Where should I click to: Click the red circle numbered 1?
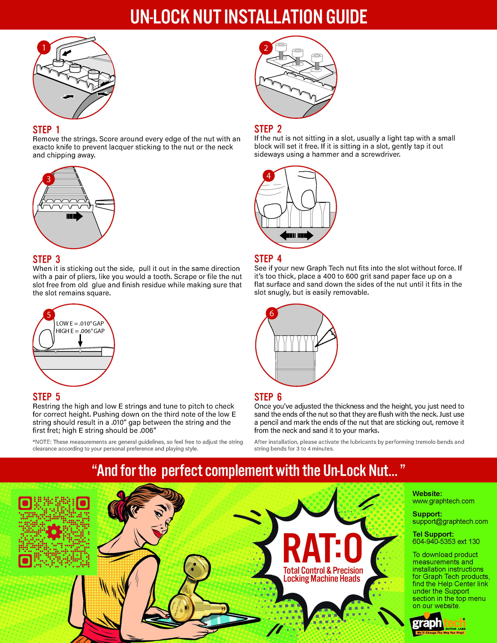click(x=44, y=47)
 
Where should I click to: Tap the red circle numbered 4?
click(x=268, y=176)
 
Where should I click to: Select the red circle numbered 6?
click(x=271, y=314)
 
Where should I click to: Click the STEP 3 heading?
click(x=47, y=259)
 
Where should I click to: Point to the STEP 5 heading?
click(x=47, y=397)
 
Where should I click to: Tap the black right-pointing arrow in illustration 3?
click(x=74, y=216)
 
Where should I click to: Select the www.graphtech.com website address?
click(x=443, y=501)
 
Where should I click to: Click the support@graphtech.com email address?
click(x=450, y=521)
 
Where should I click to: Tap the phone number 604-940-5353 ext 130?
click(x=446, y=541)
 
